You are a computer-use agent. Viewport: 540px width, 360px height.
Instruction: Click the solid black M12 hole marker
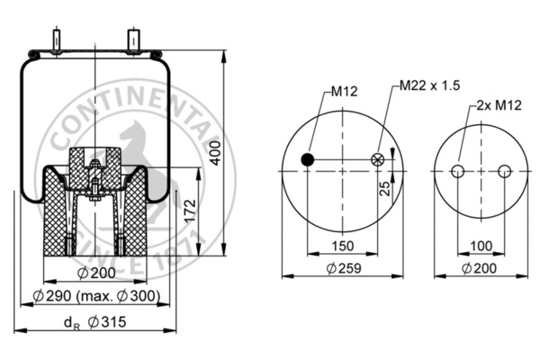(x=308, y=160)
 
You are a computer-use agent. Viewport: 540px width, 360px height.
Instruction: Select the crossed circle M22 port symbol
(x=377, y=160)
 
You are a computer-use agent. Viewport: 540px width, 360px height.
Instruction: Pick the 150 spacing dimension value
(x=342, y=245)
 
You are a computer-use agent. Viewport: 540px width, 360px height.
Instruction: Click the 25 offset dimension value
(x=384, y=189)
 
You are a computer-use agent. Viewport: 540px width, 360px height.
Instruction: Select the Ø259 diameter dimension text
(x=342, y=268)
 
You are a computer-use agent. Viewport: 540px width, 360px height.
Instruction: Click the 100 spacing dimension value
(x=481, y=245)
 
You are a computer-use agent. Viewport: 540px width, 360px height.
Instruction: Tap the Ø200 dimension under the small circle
(x=481, y=268)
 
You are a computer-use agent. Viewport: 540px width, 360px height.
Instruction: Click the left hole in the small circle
(x=457, y=171)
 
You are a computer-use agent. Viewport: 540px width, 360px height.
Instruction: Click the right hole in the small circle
(x=504, y=171)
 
